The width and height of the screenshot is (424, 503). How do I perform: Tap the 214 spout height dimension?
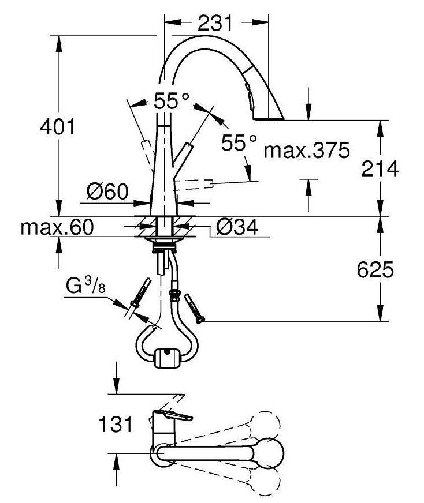click(379, 168)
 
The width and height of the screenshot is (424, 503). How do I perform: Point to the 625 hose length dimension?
click(379, 269)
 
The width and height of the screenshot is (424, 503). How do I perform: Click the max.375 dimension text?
click(306, 151)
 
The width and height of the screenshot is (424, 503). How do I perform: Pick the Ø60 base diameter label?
click(107, 192)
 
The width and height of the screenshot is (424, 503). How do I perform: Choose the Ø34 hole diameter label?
click(237, 228)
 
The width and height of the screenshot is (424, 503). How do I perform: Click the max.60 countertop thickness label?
click(57, 227)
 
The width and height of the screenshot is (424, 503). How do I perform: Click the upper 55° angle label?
click(171, 103)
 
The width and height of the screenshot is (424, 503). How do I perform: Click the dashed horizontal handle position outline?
click(196, 185)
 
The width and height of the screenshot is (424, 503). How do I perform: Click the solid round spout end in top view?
click(271, 451)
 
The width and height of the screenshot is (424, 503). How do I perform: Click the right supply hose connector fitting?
click(194, 306)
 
